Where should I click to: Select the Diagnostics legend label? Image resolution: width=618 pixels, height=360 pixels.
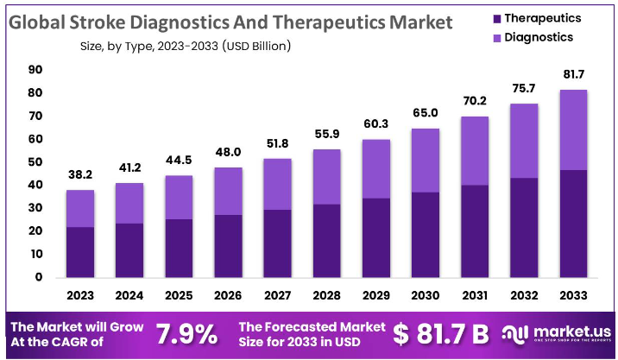coord(539,37)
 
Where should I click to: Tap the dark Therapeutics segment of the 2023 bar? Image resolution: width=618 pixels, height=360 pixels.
coord(80,252)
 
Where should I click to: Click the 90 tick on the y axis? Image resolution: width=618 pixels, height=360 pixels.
coord(35,69)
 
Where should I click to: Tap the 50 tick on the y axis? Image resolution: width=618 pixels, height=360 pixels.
coord(35,162)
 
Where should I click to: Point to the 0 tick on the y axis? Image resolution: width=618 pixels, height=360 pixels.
coord(39,277)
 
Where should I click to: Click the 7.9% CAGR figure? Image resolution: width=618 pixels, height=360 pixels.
coord(186,333)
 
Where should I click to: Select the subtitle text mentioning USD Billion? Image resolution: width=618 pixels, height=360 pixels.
coord(185,45)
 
